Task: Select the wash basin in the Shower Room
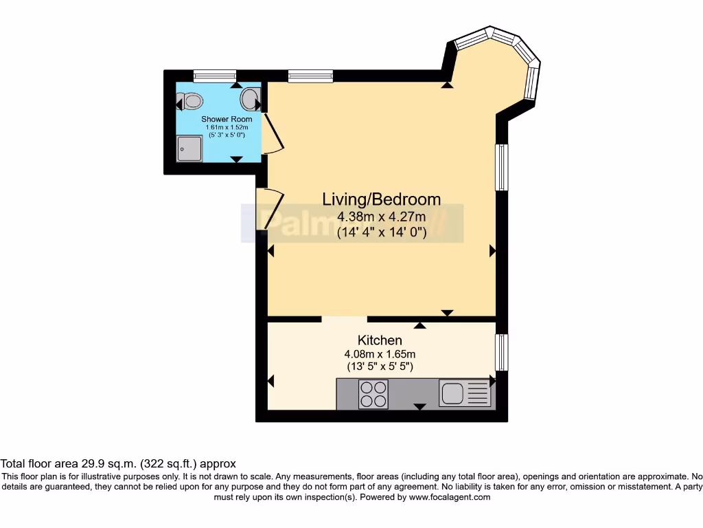pyautogui.click(x=250, y=100)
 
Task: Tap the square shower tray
pyautogui.click(x=189, y=148)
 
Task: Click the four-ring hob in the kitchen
pyautogui.click(x=373, y=393)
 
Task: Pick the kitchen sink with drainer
pyautogui.click(x=465, y=393)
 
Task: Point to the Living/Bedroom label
pyautogui.click(x=382, y=199)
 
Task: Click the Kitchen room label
pyautogui.click(x=380, y=340)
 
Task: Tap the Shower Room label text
pyautogui.click(x=226, y=119)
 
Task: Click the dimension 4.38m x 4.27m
pyautogui.click(x=382, y=217)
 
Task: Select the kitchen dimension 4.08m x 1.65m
pyautogui.click(x=380, y=354)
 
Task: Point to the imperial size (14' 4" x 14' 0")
pyautogui.click(x=382, y=232)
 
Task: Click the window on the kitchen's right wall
pyautogui.click(x=502, y=352)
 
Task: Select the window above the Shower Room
pyautogui.click(x=215, y=76)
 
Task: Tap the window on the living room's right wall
pyautogui.click(x=502, y=167)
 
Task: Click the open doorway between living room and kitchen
pyautogui.click(x=345, y=319)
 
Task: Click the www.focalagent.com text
pyautogui.click(x=450, y=497)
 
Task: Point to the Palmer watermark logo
pyautogui.click(x=351, y=223)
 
